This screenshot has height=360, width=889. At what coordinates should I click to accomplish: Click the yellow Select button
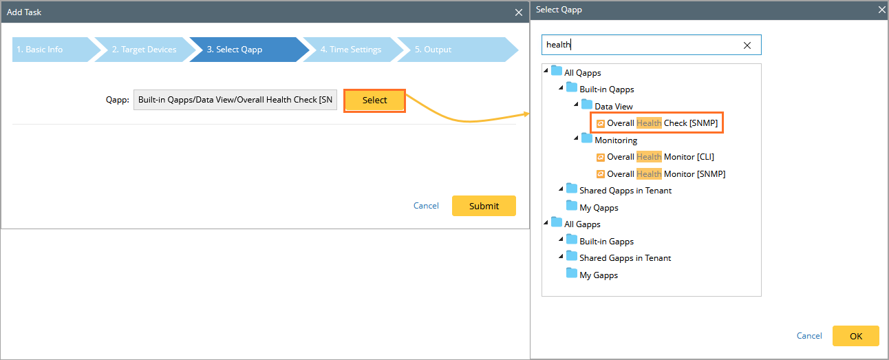pyautogui.click(x=374, y=100)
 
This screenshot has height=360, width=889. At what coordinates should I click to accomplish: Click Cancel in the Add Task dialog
pyautogui.click(x=426, y=206)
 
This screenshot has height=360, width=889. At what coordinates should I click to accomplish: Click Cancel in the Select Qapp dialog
pyautogui.click(x=809, y=336)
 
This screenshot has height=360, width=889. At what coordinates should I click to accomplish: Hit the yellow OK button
pyautogui.click(x=855, y=336)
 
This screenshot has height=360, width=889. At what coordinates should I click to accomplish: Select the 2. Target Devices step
pyautogui.click(x=144, y=50)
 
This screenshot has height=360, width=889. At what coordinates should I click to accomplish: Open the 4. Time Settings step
pyautogui.click(x=350, y=50)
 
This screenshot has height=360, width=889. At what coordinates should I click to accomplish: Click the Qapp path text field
pyautogui.click(x=235, y=100)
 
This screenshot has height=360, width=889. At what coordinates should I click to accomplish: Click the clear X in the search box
pyautogui.click(x=747, y=45)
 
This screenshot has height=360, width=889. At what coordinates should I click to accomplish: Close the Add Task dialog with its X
pyautogui.click(x=519, y=12)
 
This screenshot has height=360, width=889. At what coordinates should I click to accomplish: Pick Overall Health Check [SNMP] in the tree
pyautogui.click(x=661, y=123)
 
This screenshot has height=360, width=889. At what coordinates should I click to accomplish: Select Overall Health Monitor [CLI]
pyautogui.click(x=660, y=157)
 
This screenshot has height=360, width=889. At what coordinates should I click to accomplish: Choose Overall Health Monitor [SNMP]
pyautogui.click(x=665, y=174)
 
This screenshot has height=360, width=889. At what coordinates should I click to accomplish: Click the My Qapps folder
pyautogui.click(x=598, y=208)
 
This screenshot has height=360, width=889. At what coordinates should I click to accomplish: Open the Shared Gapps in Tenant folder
pyautogui.click(x=624, y=258)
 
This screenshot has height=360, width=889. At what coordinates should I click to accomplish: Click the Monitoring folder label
pyautogui.click(x=615, y=140)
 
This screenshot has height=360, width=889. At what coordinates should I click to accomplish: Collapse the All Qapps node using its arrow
pyautogui.click(x=546, y=72)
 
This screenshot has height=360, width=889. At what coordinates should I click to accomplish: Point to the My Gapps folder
pyautogui.click(x=598, y=275)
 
